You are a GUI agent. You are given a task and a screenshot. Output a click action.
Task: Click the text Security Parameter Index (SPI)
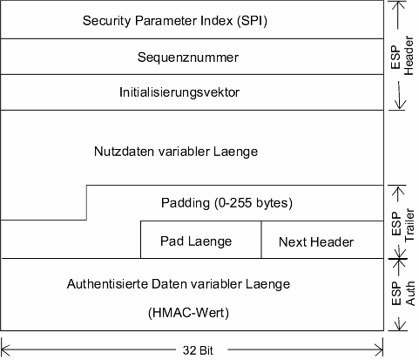pos(175,21)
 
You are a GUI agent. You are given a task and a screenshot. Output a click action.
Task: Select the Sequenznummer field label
pos(188,58)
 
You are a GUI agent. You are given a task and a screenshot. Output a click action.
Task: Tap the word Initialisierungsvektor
pos(179,92)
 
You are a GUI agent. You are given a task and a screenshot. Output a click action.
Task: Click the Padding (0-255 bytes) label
pos(226,203)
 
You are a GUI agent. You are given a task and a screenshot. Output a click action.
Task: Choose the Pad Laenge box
pos(201,240)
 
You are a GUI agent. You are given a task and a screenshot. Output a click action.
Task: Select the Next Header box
pos(322,240)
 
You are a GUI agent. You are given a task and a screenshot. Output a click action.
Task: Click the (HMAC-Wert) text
pos(188,313)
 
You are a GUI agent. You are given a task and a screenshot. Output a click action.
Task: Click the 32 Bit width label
pos(198,350)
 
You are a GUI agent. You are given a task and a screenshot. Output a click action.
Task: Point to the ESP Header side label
pos(402,56)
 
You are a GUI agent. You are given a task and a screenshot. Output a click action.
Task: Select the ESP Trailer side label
pos(402,224)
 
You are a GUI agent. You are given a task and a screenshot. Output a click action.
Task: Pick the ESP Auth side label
pos(402,293)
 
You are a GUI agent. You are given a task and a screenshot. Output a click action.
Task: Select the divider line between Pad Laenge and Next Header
pos(261,240)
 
